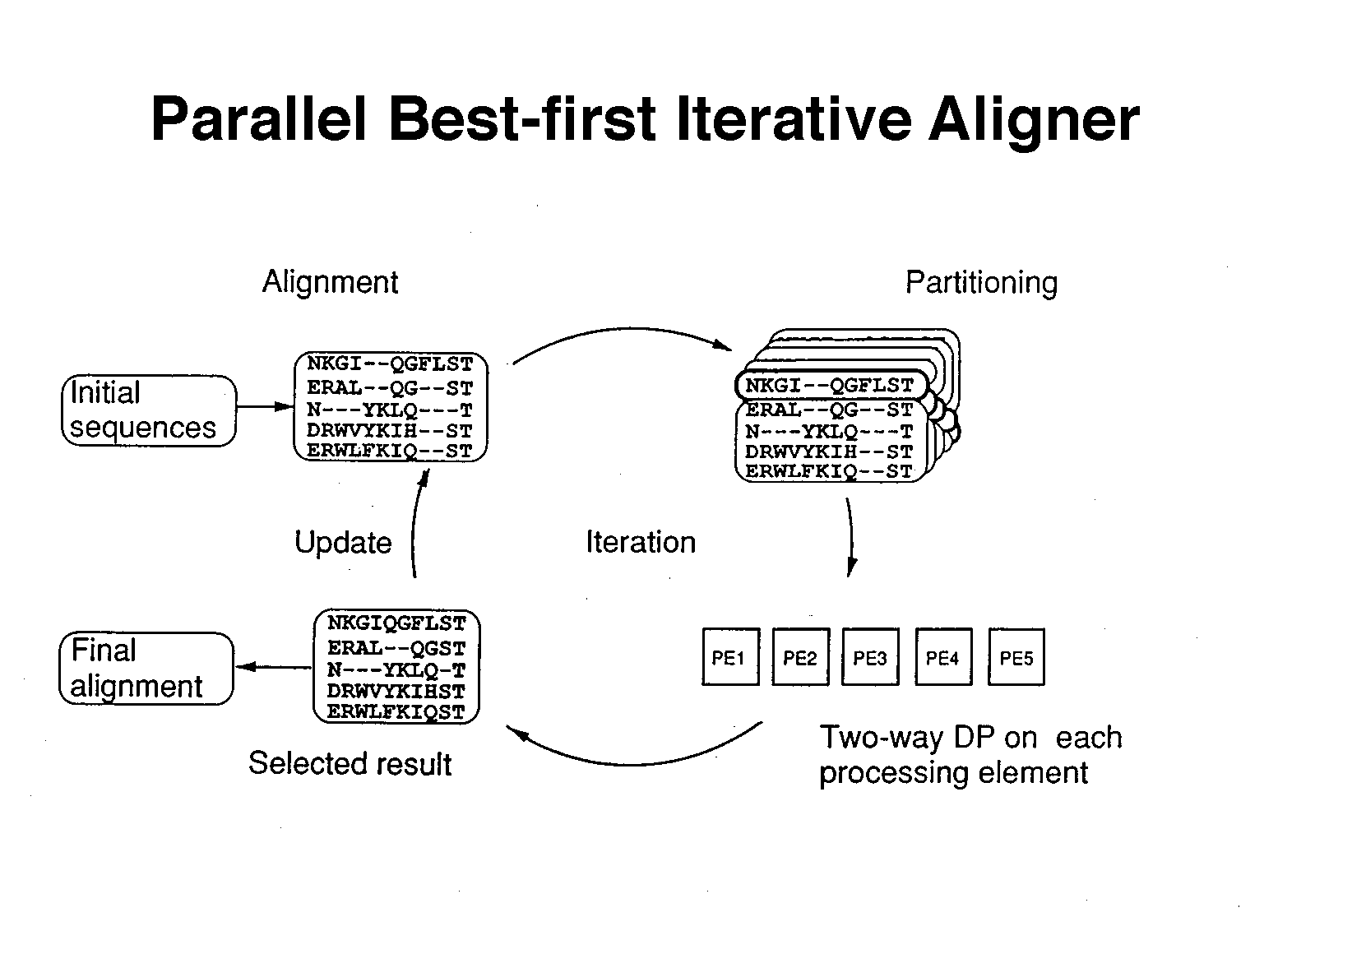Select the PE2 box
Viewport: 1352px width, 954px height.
coord(800,657)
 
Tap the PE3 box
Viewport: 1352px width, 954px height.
coord(870,657)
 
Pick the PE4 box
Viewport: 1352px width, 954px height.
coord(942,657)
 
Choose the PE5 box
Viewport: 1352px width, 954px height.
coord(1016,657)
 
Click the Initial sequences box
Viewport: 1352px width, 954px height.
coord(148,410)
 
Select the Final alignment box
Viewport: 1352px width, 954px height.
coord(146,668)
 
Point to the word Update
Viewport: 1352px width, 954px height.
coord(343,543)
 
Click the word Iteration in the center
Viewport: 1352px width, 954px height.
coord(641,543)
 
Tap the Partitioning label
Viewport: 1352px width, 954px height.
coord(981,283)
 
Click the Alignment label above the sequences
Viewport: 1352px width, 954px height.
coord(330,282)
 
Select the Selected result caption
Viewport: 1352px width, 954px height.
coord(350,764)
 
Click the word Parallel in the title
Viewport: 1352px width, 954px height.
coord(259,120)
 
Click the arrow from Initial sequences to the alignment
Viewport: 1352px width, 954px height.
coord(264,407)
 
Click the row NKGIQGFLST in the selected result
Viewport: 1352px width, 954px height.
coord(396,623)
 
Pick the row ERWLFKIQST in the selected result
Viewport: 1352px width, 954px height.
coord(396,712)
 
